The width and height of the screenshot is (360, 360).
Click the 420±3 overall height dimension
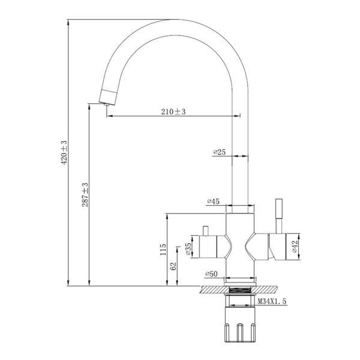click(x=64, y=152)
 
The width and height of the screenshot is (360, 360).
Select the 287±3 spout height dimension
click(x=85, y=194)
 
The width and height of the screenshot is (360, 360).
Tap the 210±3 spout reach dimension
click(x=173, y=112)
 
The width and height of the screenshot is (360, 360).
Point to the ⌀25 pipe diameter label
click(x=220, y=152)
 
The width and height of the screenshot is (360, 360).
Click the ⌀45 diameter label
click(x=213, y=202)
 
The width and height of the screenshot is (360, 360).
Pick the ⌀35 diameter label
click(x=188, y=249)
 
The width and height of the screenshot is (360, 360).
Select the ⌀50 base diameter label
click(x=211, y=274)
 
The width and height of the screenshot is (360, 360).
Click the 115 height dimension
click(x=163, y=250)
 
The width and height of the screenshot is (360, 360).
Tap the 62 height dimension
click(x=173, y=266)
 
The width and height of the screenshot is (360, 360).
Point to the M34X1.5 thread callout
click(x=272, y=301)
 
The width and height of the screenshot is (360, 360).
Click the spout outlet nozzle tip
click(x=107, y=104)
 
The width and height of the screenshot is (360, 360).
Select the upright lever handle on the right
click(x=279, y=216)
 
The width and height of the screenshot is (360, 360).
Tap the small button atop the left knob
click(x=205, y=231)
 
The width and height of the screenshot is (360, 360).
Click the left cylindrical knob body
click(x=208, y=247)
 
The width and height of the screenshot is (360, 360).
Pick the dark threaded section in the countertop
click(x=240, y=290)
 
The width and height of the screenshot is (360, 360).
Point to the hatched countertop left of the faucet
click(x=212, y=290)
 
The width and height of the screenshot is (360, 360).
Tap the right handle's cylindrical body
click(x=277, y=247)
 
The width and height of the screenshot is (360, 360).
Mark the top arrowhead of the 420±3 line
click(x=68, y=22)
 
